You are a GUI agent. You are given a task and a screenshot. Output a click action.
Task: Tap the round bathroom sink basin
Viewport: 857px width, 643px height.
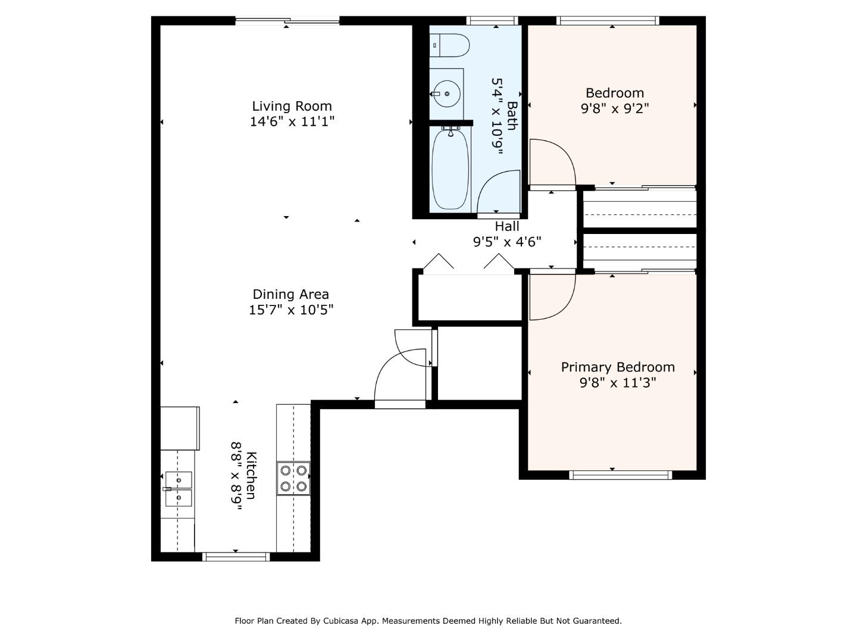446,93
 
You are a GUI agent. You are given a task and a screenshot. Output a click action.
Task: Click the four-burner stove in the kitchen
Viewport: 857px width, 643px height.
293,478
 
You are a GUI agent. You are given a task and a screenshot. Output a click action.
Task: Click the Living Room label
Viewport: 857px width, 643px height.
292,106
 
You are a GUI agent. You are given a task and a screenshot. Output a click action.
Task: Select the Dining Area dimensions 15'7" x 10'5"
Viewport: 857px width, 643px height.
291,310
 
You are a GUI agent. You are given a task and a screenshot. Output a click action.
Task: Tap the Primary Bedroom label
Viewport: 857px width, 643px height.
618,367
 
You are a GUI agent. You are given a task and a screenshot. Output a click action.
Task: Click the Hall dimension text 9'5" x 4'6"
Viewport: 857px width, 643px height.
507,242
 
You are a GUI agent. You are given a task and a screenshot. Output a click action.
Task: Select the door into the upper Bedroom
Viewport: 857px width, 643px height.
553,164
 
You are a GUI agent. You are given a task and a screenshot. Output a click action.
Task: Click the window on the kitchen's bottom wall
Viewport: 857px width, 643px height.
236,557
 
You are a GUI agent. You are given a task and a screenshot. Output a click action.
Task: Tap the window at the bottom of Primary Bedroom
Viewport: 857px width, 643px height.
621,475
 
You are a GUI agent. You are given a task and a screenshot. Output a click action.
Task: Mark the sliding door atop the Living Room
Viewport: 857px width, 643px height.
287,21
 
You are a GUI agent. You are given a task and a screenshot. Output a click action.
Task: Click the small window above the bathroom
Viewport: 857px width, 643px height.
493,21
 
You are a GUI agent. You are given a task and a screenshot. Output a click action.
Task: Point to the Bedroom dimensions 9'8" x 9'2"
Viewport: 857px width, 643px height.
615,108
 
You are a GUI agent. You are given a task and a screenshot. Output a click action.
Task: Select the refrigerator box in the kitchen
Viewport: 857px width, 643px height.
180,428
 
